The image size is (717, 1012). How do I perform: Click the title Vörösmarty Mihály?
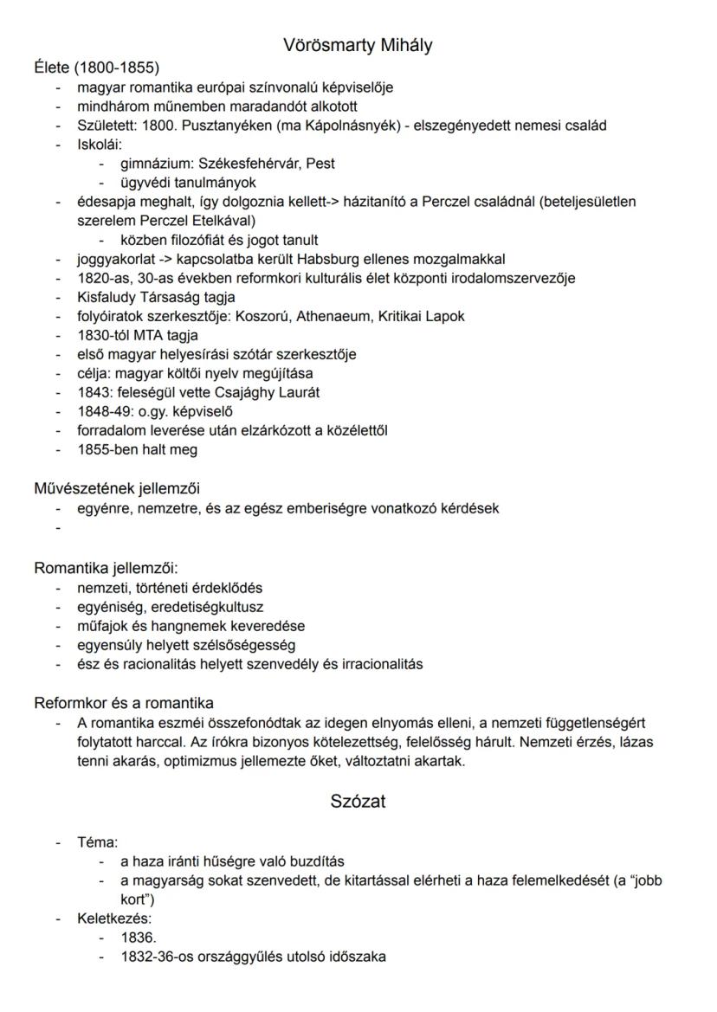[358, 46]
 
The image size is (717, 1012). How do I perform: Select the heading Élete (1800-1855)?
[96, 68]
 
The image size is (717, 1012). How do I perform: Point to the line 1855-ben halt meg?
[137, 449]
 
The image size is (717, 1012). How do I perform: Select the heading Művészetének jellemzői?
[117, 488]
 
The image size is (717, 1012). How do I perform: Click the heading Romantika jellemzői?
[105, 569]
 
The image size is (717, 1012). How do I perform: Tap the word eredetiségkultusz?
[208, 607]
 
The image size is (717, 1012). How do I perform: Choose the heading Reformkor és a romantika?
[124, 703]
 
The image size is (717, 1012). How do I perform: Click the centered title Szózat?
[358, 802]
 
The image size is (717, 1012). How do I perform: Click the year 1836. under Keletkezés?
[139, 938]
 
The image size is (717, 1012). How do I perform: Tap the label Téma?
[97, 842]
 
